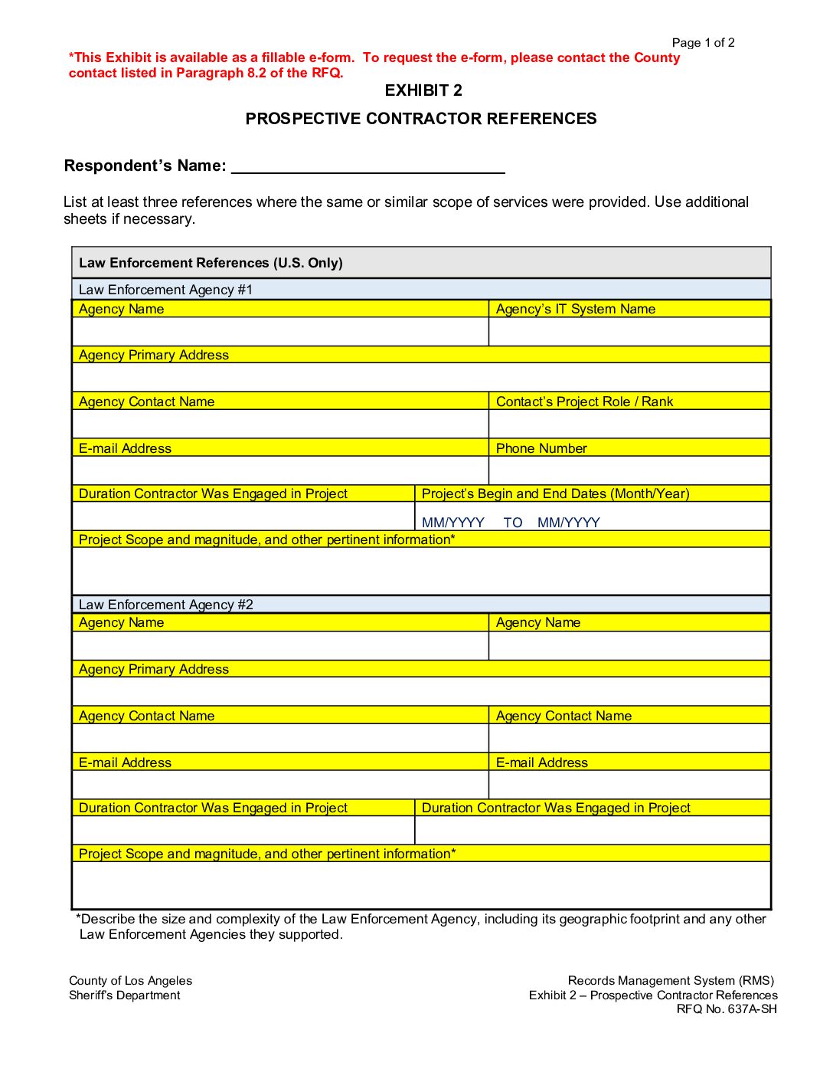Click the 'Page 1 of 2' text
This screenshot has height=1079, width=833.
click(703, 43)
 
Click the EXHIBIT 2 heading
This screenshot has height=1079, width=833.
click(423, 90)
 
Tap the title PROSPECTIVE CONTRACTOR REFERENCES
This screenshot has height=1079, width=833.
click(421, 119)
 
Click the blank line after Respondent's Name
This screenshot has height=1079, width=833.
click(367, 166)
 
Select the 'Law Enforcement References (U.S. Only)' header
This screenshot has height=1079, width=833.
click(211, 263)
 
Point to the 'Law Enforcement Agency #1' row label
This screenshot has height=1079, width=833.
click(165, 290)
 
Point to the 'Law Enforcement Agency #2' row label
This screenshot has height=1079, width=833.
click(165, 605)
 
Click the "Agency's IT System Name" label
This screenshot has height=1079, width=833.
click(575, 309)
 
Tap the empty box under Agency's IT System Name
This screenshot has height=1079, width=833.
click(629, 332)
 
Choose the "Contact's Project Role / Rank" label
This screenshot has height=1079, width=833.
click(584, 402)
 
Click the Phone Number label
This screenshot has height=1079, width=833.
click(541, 448)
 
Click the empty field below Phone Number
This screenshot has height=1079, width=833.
click(629, 471)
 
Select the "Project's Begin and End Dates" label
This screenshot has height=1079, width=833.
click(555, 494)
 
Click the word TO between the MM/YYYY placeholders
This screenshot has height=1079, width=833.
click(512, 523)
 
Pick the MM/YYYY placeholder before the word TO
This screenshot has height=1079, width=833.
click(452, 523)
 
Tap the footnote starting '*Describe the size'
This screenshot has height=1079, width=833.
click(421, 926)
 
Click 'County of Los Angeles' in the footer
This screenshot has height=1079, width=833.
click(130, 981)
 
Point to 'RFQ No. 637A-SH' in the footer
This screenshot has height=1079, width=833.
click(726, 1009)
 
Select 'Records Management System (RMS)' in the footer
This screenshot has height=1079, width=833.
click(671, 981)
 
